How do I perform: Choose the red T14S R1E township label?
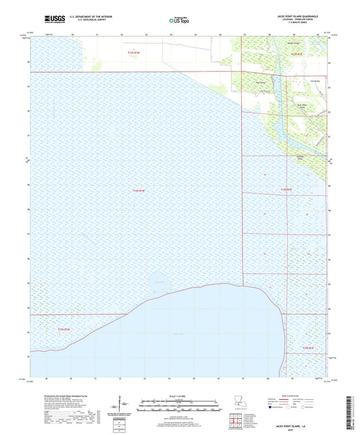pos(287,190)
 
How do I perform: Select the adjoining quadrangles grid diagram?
pos(235,420)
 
